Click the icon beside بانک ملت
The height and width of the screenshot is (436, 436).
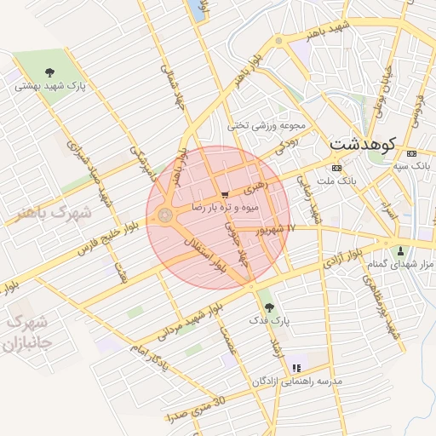pyautogui.click(x=335, y=168)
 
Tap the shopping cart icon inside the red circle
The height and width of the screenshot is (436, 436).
pyautogui.click(x=225, y=195)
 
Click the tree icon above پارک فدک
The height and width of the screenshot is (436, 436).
pyautogui.click(x=269, y=307)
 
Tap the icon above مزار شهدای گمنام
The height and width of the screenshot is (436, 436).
pyautogui.click(x=399, y=250)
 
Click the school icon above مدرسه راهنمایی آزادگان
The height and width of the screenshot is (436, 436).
pyautogui.click(x=295, y=368)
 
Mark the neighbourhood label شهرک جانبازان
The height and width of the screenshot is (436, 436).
pyautogui.click(x=23, y=334)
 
